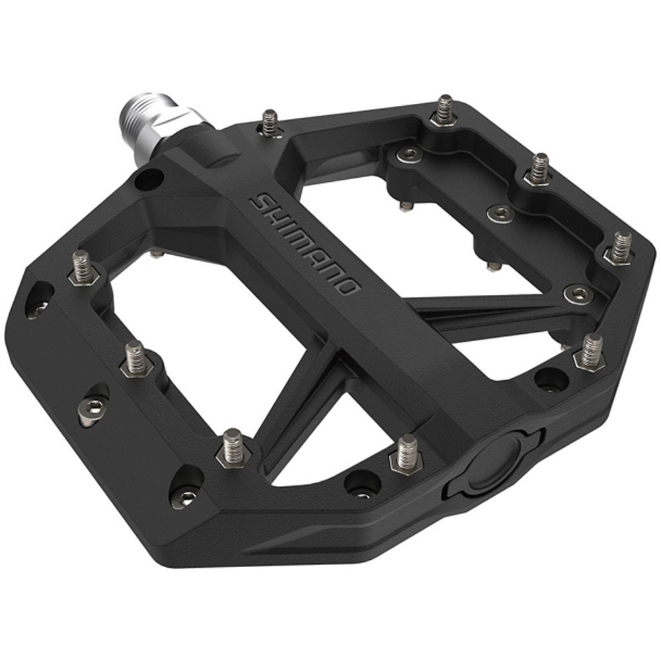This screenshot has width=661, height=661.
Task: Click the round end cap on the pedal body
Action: pyautogui.click(x=496, y=461)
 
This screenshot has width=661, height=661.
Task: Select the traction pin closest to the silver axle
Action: pyautogui.click(x=269, y=122)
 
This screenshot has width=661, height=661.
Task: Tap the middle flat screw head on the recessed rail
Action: pyautogui.click(x=499, y=214)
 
